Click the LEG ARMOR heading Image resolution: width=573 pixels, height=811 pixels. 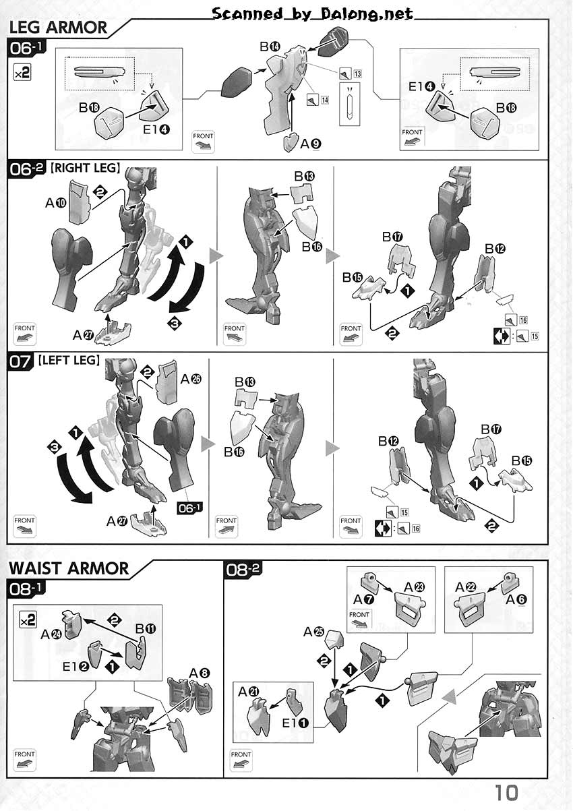click(x=58, y=28)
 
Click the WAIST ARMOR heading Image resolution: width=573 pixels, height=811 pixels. click(x=69, y=568)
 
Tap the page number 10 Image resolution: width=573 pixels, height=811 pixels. click(x=506, y=793)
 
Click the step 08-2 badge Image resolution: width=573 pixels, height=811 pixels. click(x=243, y=570)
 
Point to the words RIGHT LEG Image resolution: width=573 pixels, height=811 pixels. click(x=86, y=168)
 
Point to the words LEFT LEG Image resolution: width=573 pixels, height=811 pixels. click(x=69, y=360)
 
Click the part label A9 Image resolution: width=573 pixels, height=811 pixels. click(x=311, y=144)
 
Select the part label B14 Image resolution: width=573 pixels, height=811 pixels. click(x=270, y=47)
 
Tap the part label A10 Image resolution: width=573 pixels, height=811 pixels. click(x=56, y=203)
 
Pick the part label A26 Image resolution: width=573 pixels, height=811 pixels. click(x=191, y=379)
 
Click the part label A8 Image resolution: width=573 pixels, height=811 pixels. click(x=200, y=673)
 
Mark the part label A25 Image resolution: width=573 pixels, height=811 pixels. click(x=313, y=632)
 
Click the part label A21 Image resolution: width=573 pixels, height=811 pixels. click(x=249, y=692)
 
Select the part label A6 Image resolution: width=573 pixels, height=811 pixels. click(x=516, y=599)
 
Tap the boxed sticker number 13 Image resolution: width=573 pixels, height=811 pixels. click(x=357, y=74)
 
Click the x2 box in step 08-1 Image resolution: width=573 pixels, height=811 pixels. click(x=28, y=622)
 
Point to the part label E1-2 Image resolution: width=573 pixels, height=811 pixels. click(x=76, y=666)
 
